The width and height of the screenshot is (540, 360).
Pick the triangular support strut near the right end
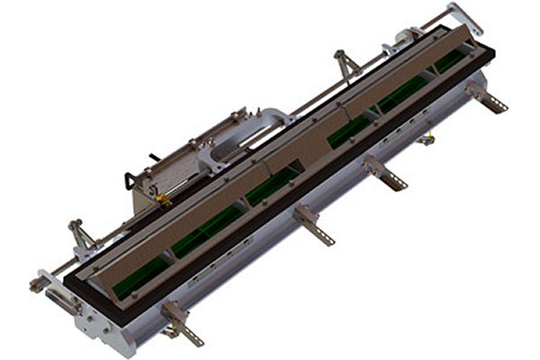coord(346,65)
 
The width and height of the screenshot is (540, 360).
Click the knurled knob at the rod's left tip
coord(35,286)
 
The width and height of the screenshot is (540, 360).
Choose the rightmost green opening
coord(450,61)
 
